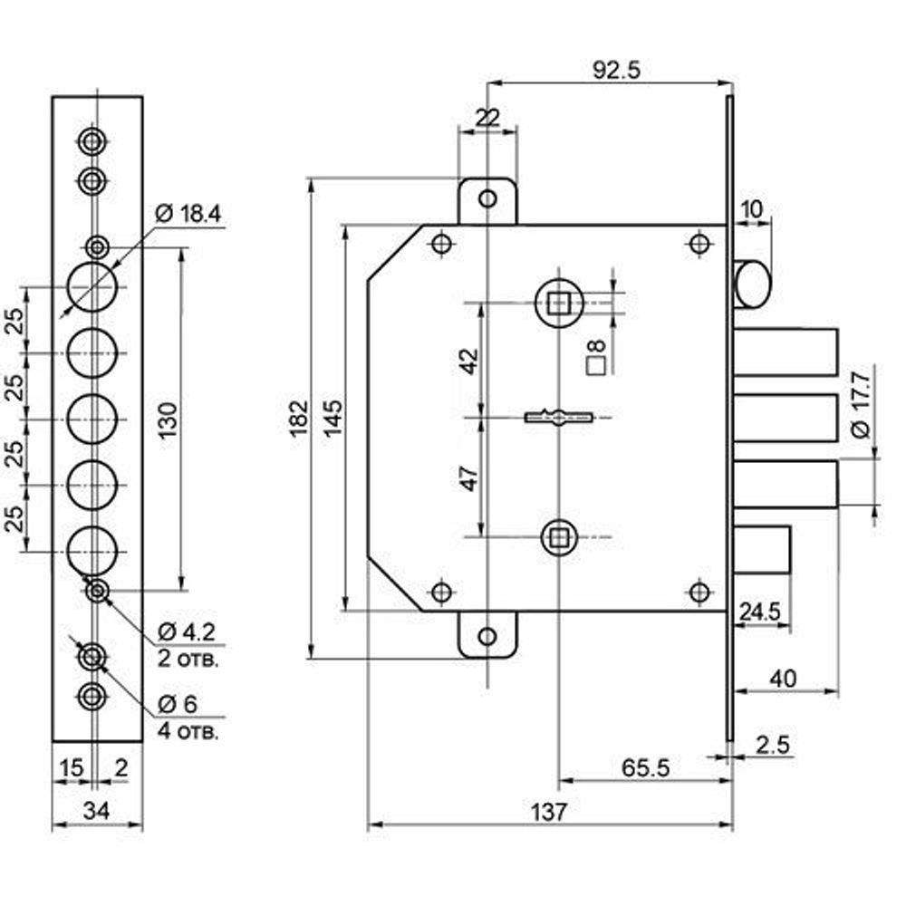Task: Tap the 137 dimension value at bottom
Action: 549,811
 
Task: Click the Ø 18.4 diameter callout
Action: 188,215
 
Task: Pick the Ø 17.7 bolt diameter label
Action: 861,400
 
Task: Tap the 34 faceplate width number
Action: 96,811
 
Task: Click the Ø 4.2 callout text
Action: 188,631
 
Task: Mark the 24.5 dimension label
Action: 759,612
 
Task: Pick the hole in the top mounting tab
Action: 487,198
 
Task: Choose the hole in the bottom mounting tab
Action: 487,637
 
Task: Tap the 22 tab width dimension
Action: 487,116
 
